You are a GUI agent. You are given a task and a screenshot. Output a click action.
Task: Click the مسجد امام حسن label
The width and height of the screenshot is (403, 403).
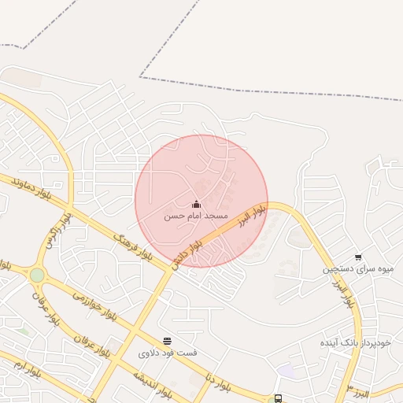coord(196,216)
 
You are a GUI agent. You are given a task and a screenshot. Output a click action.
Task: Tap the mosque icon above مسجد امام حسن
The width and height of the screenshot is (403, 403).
coord(196,204)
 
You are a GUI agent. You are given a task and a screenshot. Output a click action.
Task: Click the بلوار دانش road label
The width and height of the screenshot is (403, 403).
coord(189,255)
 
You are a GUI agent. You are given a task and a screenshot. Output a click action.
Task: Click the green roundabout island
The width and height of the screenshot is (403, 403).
coord(36,275)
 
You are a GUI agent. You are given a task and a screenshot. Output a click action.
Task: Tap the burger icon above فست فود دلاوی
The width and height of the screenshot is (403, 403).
coord(167,341)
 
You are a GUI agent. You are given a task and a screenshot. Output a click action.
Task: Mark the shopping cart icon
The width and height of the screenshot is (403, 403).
coord(359,257)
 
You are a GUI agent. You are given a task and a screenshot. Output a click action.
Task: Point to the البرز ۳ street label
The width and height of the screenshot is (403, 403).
coord(361,392)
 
